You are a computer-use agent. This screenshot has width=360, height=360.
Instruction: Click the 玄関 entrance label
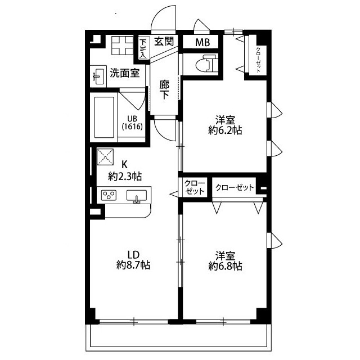pos(164,42)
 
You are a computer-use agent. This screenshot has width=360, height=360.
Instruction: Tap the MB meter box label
pos(202,42)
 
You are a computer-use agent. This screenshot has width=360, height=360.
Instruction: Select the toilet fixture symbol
pos(206,63)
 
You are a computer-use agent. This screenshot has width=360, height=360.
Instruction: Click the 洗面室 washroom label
pos(125,73)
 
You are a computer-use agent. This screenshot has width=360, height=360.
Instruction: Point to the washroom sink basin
pos(98,76)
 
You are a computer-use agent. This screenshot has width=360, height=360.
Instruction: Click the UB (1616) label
pos(132,123)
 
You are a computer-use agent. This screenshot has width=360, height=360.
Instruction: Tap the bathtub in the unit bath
pos(104,118)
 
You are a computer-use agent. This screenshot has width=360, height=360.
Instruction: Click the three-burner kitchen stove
pos(109,195)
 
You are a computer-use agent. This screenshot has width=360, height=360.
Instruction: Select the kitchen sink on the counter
pos(137,196)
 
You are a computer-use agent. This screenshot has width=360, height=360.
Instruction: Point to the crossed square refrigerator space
pos(105,156)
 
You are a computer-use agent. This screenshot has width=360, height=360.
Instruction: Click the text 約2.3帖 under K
pos(125,177)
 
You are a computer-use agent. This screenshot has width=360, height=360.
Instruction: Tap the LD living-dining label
pos(133,254)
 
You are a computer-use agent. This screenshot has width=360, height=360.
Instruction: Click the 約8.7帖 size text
pos(133,265)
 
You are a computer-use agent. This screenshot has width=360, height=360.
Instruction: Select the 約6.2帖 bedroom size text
pos(225,130)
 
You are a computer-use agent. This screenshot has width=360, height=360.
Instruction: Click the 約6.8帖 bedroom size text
pos(225,266)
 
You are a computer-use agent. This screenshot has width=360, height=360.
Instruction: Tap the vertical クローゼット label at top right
pos(259,60)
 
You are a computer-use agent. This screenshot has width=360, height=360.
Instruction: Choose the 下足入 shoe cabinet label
pos(143,48)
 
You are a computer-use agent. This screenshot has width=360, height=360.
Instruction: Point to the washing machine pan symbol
pos(123,46)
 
